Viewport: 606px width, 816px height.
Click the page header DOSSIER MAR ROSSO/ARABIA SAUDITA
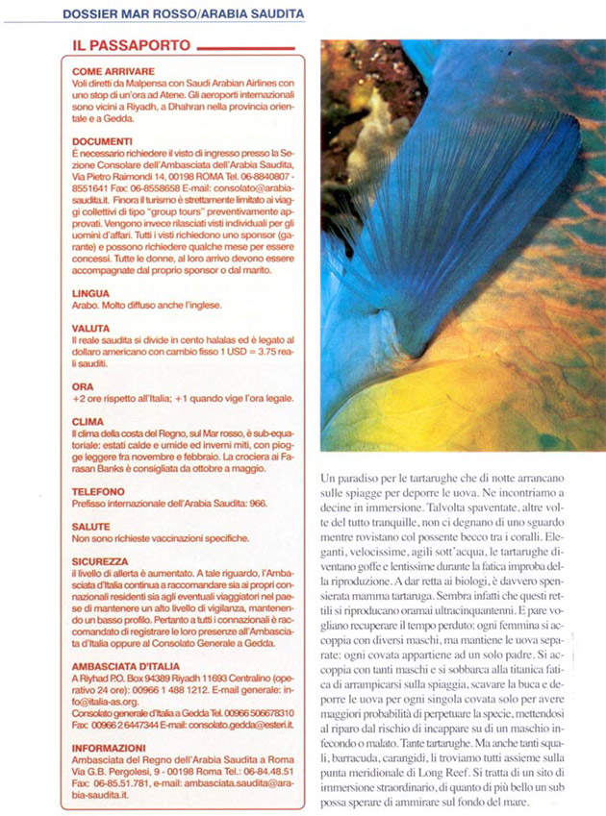pos(182,13)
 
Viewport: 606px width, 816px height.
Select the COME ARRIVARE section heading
pos(109,72)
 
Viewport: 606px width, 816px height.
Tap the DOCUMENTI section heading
pos(101,140)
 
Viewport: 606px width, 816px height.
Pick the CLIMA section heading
pos(88,421)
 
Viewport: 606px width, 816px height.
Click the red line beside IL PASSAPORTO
pos(244,45)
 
